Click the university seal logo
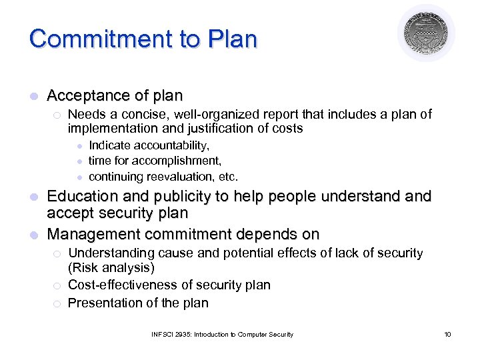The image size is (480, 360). click(x=426, y=33)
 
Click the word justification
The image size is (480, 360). click(x=208, y=128)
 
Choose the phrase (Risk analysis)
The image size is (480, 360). click(x=111, y=268)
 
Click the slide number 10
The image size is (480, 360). click(x=447, y=334)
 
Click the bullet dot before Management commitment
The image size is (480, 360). click(x=34, y=235)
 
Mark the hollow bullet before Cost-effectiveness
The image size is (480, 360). click(x=57, y=285)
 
